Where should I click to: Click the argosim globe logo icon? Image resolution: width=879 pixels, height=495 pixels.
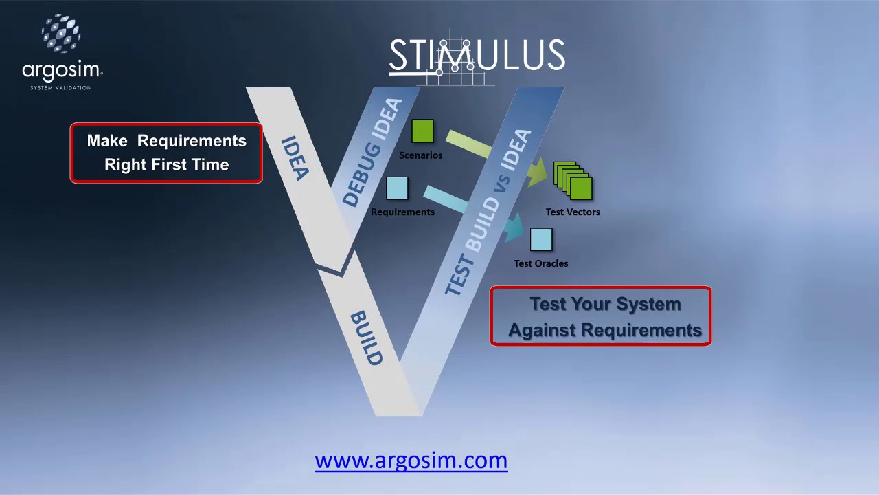click(61, 34)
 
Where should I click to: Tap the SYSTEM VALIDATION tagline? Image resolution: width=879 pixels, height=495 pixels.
click(61, 88)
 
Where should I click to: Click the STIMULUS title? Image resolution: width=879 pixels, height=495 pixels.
click(477, 56)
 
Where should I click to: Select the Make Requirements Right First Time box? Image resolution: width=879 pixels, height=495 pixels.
click(166, 153)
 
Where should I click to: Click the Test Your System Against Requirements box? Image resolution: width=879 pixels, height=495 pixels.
click(601, 316)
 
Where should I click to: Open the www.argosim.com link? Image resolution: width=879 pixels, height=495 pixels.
click(411, 461)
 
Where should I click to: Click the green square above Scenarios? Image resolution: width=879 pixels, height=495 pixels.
click(422, 131)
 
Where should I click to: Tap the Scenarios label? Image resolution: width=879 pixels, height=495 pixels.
click(421, 155)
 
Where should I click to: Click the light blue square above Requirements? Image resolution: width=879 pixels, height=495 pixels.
click(397, 188)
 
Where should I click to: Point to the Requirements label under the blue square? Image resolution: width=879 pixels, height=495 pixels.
click(402, 212)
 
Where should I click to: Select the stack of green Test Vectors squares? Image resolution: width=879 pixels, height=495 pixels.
click(573, 181)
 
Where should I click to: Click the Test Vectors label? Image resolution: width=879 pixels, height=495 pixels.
click(573, 212)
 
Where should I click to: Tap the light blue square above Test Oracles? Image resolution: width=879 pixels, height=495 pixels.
click(541, 239)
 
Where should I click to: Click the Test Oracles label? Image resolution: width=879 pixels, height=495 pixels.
click(541, 263)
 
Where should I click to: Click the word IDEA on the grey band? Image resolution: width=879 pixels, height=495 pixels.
click(295, 158)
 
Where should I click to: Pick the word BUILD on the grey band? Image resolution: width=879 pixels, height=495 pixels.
click(366, 338)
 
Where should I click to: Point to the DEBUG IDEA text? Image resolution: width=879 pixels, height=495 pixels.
click(372, 153)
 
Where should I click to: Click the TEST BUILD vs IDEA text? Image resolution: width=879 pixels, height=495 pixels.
click(488, 212)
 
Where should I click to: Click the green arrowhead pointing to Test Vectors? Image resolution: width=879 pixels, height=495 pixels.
click(537, 172)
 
